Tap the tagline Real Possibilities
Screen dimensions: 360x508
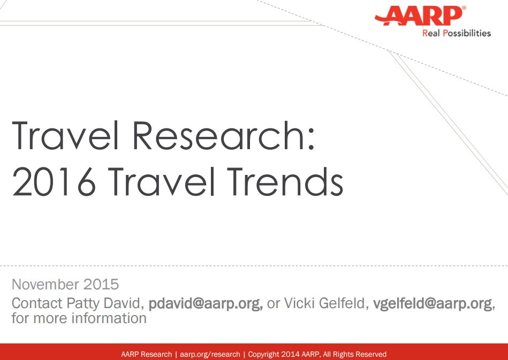click(x=456, y=33)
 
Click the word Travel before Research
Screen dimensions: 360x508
click(x=69, y=136)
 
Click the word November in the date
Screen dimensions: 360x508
click(x=44, y=284)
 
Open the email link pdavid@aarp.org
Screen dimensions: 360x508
click(x=204, y=304)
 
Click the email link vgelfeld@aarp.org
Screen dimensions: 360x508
click(x=433, y=304)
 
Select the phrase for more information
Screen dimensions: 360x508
click(x=79, y=318)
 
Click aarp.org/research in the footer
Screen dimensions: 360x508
click(x=210, y=354)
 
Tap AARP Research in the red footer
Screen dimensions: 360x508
click(x=146, y=354)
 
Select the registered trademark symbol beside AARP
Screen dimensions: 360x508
click(x=464, y=9)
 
